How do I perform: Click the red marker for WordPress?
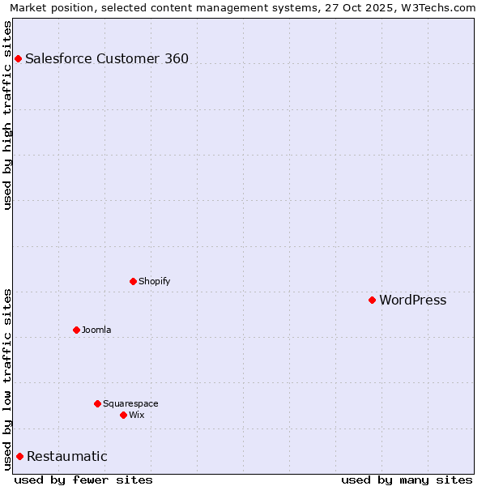click(372, 301)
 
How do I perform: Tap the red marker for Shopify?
click(133, 281)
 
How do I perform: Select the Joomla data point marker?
click(76, 330)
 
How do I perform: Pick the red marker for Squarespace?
click(97, 403)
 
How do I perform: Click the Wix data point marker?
click(123, 415)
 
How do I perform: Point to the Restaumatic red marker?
click(19, 456)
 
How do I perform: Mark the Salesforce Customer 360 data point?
click(18, 58)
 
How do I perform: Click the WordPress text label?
click(412, 301)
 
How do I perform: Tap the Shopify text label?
click(154, 281)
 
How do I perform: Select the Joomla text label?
click(96, 330)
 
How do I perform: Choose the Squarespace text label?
click(130, 403)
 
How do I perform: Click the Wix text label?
click(136, 415)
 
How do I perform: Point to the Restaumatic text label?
click(66, 456)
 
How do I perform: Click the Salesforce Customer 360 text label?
click(107, 58)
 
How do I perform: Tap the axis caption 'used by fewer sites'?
click(83, 480)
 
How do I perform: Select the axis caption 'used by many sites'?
click(407, 480)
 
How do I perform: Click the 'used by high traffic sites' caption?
click(7, 114)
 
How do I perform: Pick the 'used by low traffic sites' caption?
click(7, 379)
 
